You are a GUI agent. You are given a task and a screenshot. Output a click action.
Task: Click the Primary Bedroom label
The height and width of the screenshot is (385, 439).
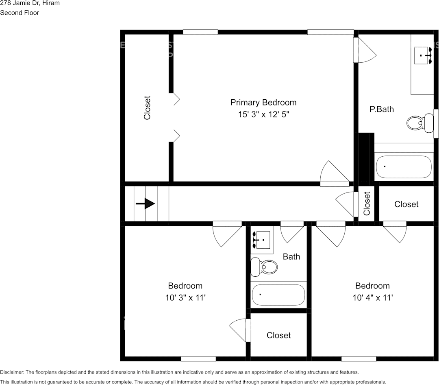point(263,103)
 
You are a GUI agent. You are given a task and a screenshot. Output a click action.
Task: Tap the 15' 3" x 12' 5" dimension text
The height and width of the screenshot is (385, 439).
point(263,115)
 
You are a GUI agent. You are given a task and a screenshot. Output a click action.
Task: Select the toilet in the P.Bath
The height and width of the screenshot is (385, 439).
point(419,122)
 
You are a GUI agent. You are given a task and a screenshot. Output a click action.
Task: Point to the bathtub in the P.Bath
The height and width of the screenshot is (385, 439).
point(403,167)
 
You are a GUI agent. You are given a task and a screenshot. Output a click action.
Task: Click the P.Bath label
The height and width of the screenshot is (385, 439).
point(381,109)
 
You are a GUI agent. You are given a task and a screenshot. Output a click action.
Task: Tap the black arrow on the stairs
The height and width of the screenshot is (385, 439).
point(145,204)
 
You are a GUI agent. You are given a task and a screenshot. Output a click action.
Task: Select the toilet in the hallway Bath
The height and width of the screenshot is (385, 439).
point(264,267)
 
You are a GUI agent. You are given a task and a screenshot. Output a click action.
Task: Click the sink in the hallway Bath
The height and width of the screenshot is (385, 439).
point(262,240)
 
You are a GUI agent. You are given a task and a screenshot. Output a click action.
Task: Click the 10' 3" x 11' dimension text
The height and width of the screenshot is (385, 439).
point(185,298)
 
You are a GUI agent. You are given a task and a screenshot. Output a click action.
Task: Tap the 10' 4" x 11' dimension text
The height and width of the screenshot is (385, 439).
point(372,298)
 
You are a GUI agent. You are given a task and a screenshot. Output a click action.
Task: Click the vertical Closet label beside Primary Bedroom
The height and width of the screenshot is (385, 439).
point(147,108)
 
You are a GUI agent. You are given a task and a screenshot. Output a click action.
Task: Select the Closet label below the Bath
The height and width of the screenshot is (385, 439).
point(278,335)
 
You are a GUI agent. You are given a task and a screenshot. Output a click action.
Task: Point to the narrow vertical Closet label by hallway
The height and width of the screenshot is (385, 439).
point(367,203)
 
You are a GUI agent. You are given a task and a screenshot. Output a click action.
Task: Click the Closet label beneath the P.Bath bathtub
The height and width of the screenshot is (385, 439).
point(406,204)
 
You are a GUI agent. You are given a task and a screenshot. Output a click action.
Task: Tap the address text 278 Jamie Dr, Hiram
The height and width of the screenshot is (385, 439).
point(30,3)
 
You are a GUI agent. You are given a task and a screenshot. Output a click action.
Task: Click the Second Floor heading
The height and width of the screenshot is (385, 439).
point(20,13)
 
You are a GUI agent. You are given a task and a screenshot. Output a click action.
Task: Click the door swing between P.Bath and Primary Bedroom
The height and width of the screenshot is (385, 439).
point(366,50)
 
